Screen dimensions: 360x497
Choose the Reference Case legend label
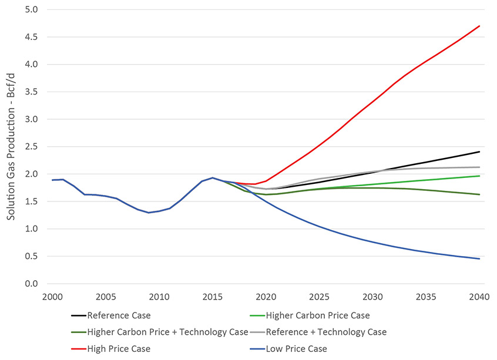pos(119,315)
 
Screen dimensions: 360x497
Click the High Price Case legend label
pos(119,349)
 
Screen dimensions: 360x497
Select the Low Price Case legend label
pos(297,349)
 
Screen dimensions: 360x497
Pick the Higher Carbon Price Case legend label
pos(318,315)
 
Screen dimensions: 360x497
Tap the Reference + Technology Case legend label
pos(326,332)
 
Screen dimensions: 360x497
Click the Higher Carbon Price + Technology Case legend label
pos(167,332)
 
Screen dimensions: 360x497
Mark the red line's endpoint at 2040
pos(480,26)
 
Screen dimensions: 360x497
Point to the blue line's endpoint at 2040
pos(480,259)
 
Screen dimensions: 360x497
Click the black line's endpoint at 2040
pos(480,152)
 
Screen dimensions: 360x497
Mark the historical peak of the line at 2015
pos(213,177)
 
